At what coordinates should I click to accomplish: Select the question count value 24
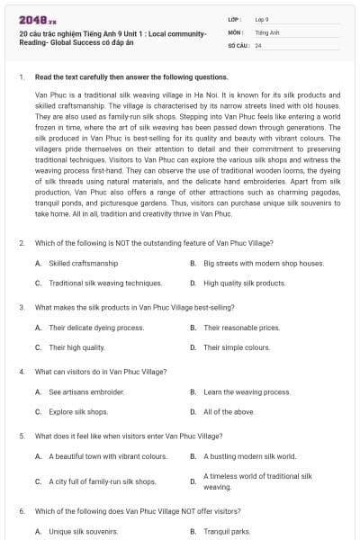tap(258, 44)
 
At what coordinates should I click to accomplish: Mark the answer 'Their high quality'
tap(76, 347)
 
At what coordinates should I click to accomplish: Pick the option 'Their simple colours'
tap(237, 347)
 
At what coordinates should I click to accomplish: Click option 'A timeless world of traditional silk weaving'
tap(257, 481)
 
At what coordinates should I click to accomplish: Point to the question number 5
tap(22, 436)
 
